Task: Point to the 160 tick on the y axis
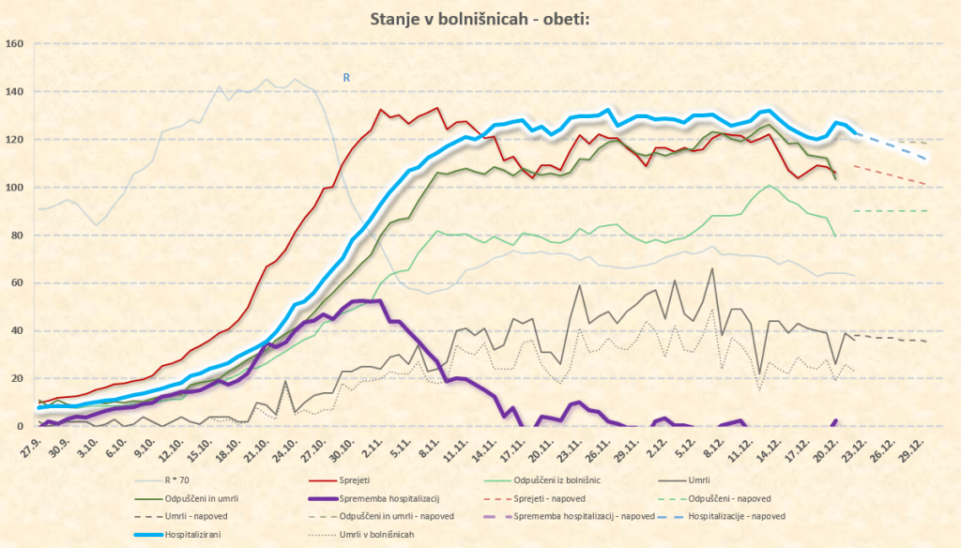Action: coord(14,43)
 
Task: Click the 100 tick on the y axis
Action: coord(14,187)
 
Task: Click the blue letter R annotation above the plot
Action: coord(346,78)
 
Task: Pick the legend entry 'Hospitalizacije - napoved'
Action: coord(736,515)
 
